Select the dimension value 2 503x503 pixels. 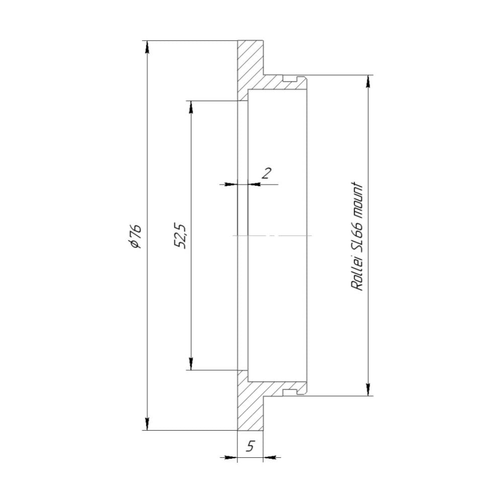coord(267,173)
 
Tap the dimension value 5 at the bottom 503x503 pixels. coord(250,446)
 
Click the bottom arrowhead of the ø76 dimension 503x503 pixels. coord(147,424)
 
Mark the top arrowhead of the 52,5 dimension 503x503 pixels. coord(191,107)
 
